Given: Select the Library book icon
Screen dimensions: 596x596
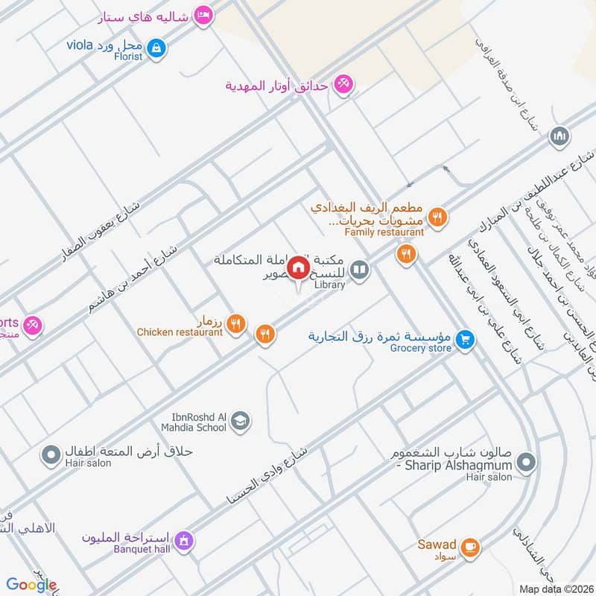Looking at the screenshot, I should coord(360,270).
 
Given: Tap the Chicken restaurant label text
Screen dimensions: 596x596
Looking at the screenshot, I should coord(180,332).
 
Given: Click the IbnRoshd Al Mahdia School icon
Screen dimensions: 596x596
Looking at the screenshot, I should coord(240,422).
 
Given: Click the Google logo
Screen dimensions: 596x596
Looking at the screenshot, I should coord(31,585).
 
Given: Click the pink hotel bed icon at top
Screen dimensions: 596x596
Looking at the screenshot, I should coord(203,14).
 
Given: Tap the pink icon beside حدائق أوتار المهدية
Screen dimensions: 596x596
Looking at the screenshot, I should coord(343,83).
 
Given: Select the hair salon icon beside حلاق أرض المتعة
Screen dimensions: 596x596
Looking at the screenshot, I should coord(51,454).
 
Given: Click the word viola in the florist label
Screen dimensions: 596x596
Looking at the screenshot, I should coord(80,45).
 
